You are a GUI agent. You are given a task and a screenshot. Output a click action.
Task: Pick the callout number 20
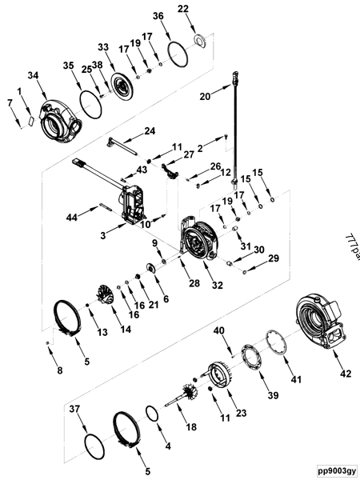pos(206,95)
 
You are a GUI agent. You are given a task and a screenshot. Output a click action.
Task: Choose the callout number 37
pos(74,409)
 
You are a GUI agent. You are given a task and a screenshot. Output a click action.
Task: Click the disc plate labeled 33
pos(123,86)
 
